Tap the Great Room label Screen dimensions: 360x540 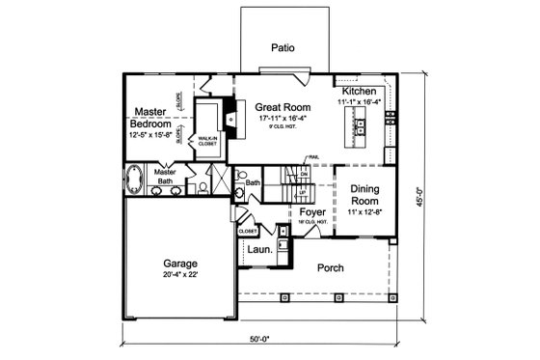coord(281,106)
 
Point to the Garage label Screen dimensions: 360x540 coord(179,263)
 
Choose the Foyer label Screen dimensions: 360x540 coord(311,211)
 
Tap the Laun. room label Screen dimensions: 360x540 coord(258,249)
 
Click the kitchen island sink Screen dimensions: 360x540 coord(361,125)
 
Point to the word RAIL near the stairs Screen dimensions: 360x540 coord(313,157)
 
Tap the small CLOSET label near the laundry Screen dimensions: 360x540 coord(248,232)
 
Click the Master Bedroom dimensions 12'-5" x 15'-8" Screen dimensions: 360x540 coord(151,135)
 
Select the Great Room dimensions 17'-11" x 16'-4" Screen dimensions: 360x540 coord(281,119)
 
